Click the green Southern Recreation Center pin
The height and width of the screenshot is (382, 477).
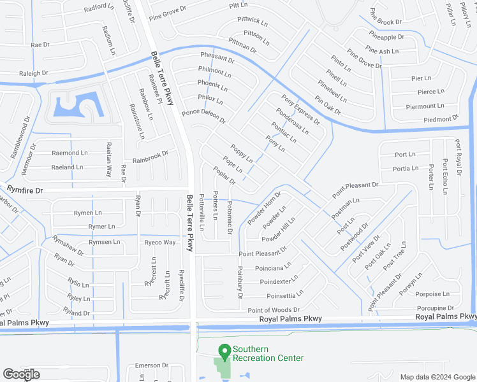224,351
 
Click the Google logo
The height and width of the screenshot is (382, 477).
21,374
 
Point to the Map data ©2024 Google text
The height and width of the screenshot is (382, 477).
437,377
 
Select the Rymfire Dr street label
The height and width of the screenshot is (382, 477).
25,190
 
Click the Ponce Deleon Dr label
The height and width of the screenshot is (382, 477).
203,116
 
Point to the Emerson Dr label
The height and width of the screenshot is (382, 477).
151,365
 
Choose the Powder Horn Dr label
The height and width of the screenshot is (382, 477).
264,207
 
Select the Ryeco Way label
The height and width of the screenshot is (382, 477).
159,243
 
